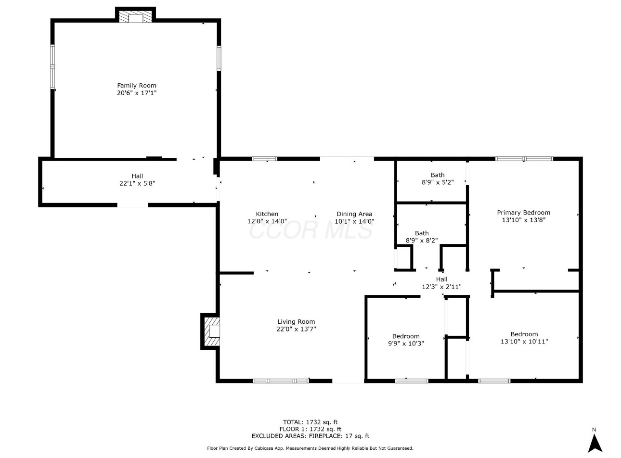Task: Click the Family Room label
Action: tap(137, 85)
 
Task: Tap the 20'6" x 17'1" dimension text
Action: tap(137, 93)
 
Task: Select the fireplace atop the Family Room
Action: tap(135, 17)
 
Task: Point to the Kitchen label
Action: tap(267, 214)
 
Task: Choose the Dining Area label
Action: tap(354, 214)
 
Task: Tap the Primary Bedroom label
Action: tap(524, 213)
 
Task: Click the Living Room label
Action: tap(296, 322)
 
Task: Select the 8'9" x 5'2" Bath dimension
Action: tap(438, 182)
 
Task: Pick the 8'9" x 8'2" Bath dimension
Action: tap(422, 241)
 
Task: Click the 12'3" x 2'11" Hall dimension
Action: tap(441, 287)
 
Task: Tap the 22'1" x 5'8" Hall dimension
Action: tap(137, 183)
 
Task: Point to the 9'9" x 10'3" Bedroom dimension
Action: tap(406, 343)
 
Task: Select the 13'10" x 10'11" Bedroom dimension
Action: tap(524, 341)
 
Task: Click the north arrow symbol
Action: tap(595, 443)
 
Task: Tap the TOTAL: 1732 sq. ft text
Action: tap(310, 422)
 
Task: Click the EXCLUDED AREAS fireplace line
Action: tap(310, 436)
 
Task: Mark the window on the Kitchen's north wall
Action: tap(264, 159)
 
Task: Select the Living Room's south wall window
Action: tap(281, 381)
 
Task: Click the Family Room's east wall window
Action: tap(219, 58)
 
